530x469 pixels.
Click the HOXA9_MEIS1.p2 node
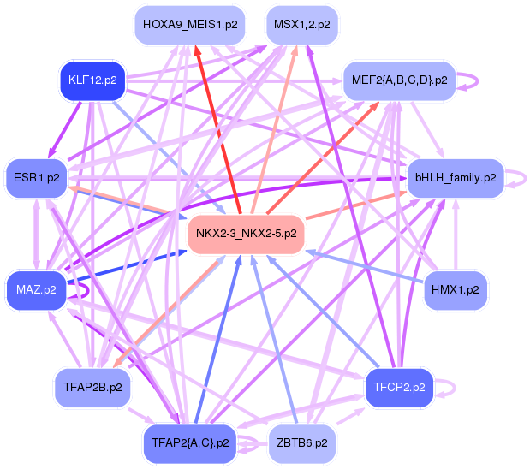[189, 25]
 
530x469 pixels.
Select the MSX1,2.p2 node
[302, 25]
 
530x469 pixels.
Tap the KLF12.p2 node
[92, 80]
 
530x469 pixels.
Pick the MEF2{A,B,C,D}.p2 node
[400, 80]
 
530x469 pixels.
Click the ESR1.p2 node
[37, 178]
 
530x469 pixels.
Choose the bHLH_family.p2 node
[456, 178]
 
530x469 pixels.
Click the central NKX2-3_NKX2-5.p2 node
[246, 234]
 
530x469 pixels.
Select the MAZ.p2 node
[36, 290]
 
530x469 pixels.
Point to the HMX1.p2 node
[456, 290]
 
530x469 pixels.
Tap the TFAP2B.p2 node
[92, 387]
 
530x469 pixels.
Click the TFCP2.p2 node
[399, 387]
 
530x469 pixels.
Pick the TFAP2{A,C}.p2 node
[190, 443]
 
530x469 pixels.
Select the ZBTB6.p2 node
[302, 443]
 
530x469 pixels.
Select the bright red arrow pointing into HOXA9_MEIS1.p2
[218, 130]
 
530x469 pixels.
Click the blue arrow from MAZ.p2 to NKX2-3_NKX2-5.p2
[127, 267]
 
